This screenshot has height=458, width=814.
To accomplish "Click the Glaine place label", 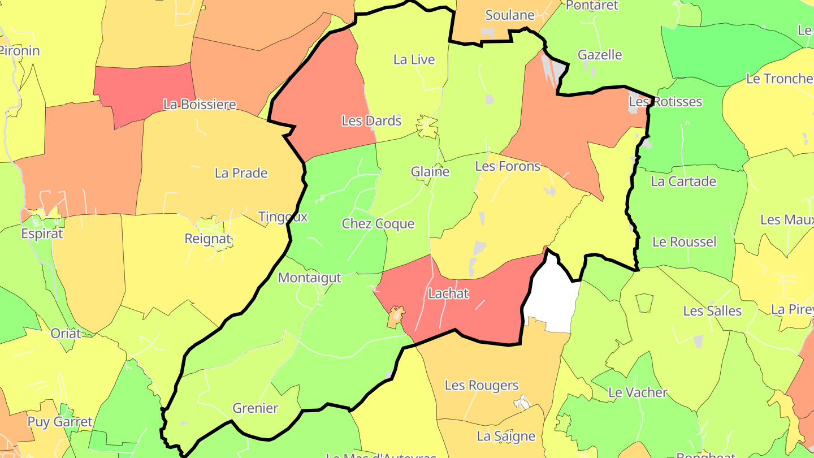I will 430,172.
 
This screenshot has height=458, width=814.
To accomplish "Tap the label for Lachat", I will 448,293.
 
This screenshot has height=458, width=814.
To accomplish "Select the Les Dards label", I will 371,120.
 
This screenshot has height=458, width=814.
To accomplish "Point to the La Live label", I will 414,59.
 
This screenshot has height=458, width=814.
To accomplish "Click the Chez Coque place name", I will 378,224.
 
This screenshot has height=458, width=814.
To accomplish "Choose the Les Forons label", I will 508,166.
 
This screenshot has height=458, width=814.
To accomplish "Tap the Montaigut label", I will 310,278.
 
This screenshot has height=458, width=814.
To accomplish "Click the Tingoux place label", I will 283,217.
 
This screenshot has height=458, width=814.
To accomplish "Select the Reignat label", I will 208,239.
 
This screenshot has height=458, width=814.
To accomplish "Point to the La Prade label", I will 241,173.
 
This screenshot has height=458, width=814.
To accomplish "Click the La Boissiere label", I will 200,105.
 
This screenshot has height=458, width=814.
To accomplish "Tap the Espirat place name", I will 42,234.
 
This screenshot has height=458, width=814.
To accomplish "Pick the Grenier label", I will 256,408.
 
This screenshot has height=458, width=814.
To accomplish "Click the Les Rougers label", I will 482,386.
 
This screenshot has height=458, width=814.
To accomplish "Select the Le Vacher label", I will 638,392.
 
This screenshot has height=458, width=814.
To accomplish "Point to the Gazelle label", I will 600,55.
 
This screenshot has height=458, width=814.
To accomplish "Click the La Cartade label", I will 683,182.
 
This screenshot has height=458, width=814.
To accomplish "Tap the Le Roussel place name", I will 684,242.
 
